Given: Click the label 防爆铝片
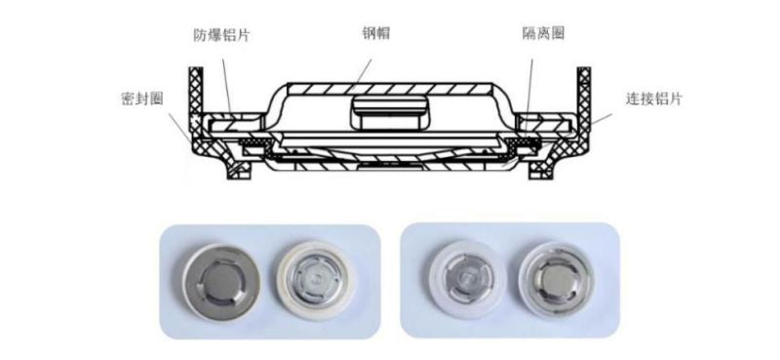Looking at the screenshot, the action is (221, 35).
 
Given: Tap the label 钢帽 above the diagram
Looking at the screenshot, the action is (375, 33).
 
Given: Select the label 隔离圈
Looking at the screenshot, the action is (543, 34).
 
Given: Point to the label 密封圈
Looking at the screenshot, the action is (142, 99).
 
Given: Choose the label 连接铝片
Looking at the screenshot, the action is (653, 100).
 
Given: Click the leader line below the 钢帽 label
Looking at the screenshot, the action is (359, 75).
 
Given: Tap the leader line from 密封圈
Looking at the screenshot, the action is (180, 128).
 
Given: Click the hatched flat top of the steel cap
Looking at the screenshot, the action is (390, 89).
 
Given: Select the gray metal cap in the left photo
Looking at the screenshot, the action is (221, 283).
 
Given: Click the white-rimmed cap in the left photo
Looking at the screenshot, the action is (315, 280).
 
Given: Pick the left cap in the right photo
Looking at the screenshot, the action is (466, 278).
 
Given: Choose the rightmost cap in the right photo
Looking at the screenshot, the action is (556, 280).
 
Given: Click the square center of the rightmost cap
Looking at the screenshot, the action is (556, 280).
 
